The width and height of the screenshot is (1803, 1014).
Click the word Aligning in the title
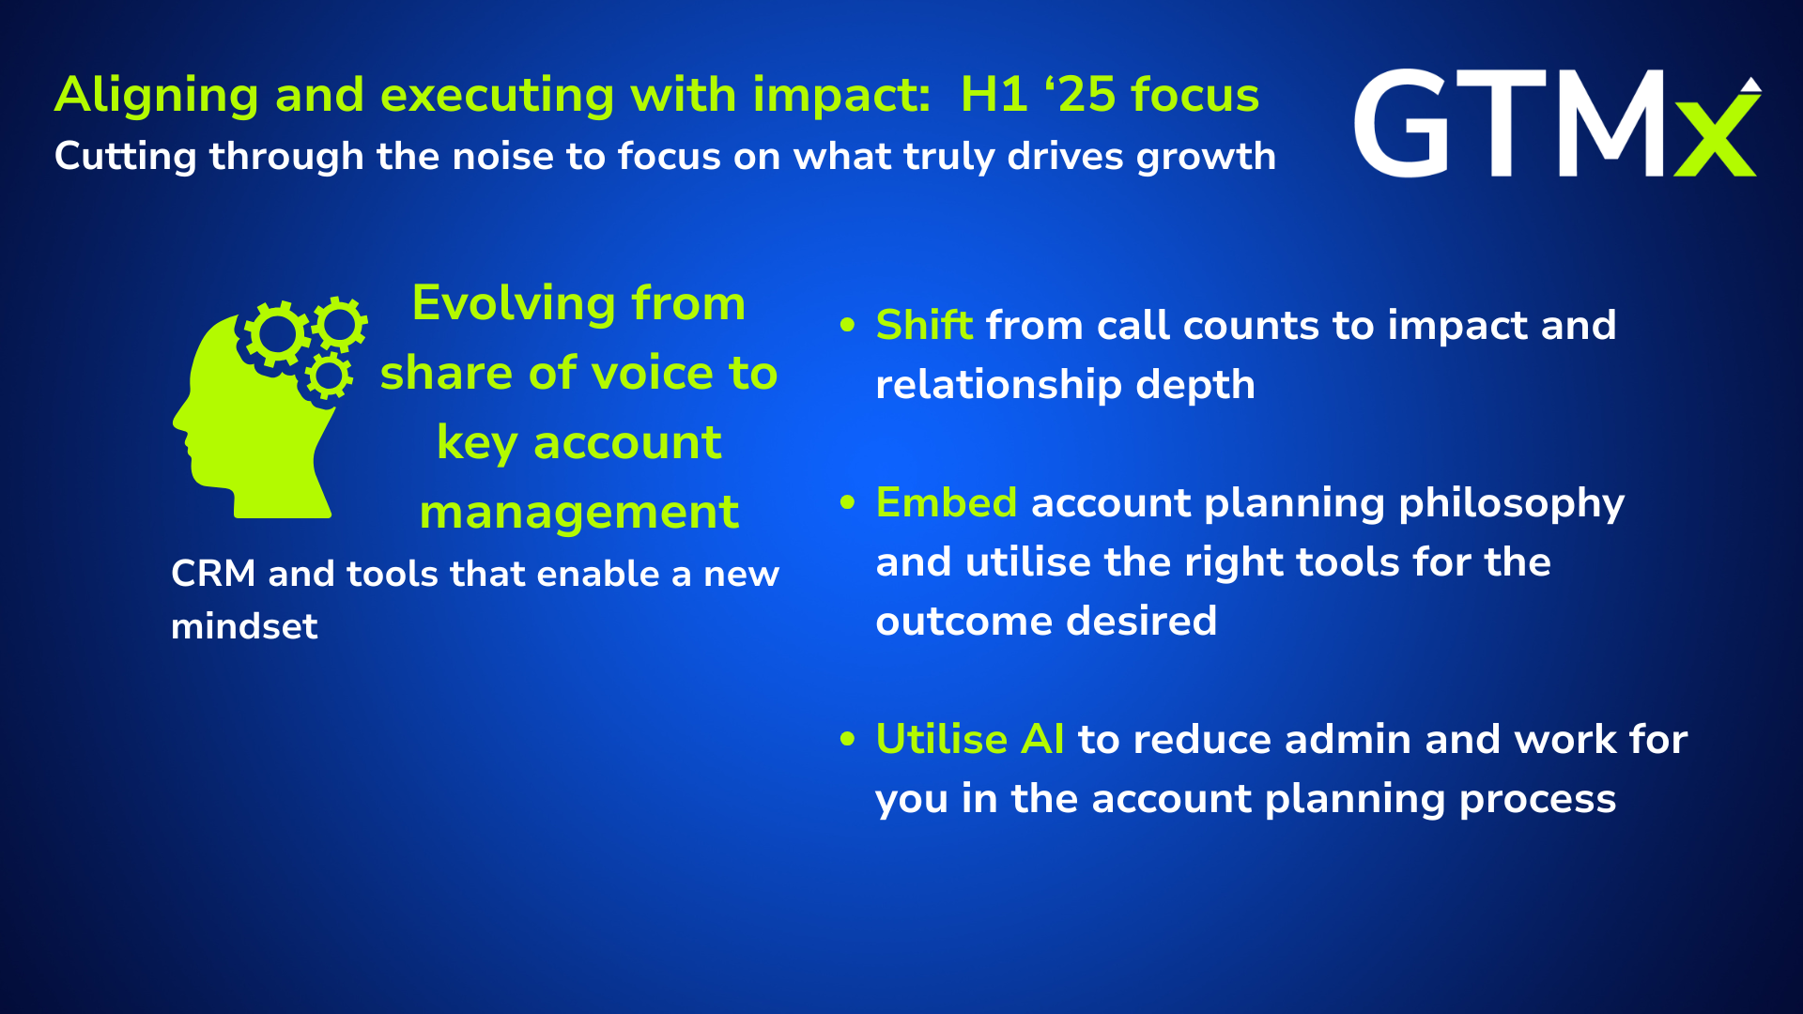tap(157, 96)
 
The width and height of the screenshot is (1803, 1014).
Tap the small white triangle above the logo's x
tap(1750, 84)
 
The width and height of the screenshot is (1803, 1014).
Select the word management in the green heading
tap(578, 514)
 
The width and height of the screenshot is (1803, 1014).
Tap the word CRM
tap(213, 574)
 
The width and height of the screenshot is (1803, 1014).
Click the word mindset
tap(244, 626)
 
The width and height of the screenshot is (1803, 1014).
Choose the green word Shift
tap(924, 325)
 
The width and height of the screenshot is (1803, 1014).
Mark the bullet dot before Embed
tap(848, 503)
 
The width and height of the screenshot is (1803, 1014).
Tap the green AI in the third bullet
tap(1042, 739)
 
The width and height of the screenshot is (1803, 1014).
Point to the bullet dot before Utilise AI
tap(848, 740)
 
